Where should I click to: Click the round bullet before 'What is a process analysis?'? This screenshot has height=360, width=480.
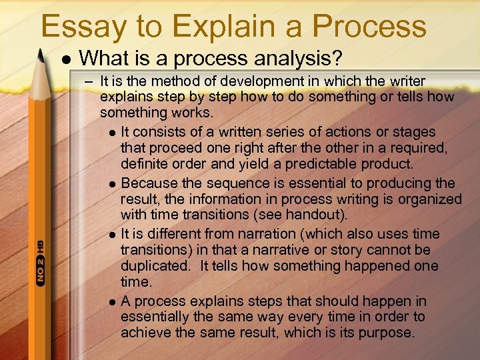click(65, 59)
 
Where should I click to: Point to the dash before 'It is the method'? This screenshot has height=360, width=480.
click(88, 82)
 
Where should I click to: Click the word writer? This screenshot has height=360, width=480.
click(407, 81)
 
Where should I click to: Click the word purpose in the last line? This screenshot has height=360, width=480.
click(386, 333)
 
